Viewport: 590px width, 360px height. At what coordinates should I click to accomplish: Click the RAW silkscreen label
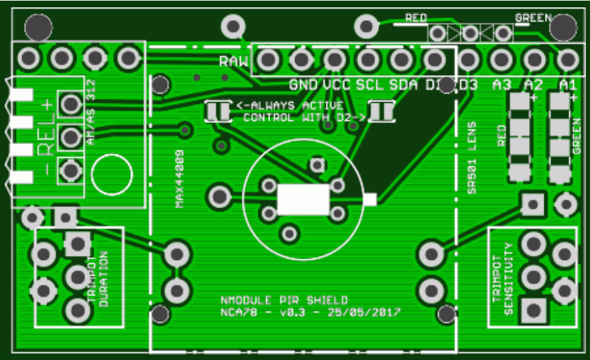234,62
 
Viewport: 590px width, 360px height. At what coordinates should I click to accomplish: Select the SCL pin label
369,85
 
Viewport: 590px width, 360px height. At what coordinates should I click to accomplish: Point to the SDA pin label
403,85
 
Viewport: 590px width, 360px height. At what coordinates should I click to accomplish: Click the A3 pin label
501,85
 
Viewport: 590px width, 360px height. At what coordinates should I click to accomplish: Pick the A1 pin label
568,85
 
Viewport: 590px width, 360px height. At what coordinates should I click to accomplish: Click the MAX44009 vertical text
180,178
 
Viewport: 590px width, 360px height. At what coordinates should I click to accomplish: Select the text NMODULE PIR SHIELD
284,300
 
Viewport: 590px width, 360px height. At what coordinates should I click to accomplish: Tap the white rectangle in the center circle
303,200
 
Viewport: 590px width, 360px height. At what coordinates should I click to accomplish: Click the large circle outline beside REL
112,174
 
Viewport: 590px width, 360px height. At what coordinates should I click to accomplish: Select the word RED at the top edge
416,17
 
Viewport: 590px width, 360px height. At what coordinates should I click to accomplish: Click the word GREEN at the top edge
533,17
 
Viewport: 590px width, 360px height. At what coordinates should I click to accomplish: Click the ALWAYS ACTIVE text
297,105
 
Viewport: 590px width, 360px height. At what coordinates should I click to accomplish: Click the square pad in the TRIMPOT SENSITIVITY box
534,310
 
